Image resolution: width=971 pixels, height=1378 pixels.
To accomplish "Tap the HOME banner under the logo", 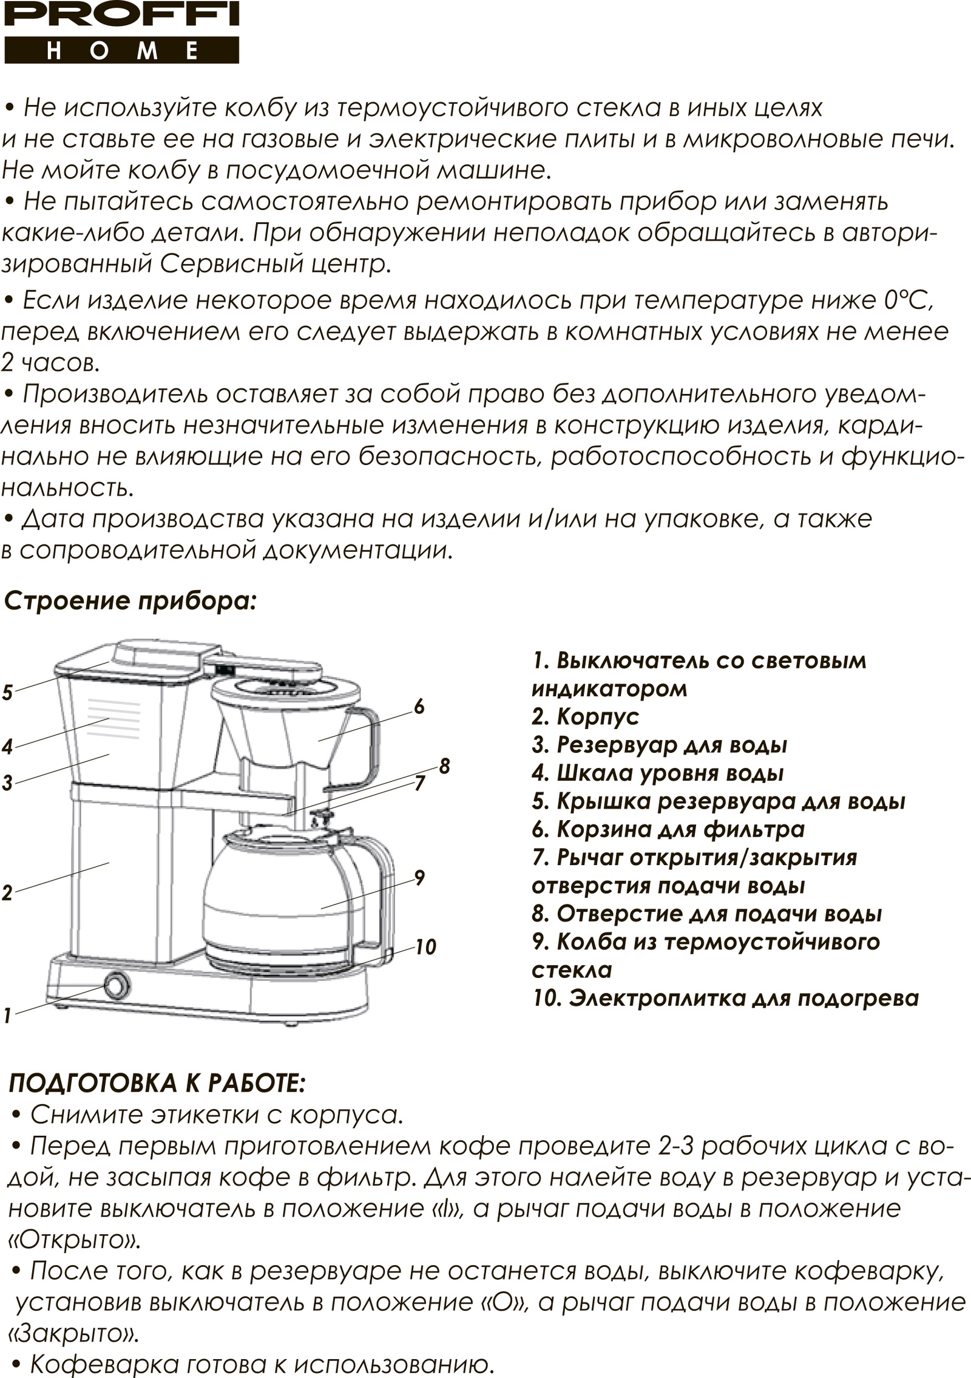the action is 121,50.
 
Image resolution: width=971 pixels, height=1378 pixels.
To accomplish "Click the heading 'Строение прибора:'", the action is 131,602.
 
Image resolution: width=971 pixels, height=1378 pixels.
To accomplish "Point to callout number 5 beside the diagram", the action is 7,692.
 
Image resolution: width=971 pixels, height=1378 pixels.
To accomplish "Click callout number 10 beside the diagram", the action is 426,946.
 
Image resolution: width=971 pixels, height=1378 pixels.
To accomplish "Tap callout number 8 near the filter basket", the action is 444,766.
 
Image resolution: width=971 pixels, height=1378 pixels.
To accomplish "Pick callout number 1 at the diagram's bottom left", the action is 7,1015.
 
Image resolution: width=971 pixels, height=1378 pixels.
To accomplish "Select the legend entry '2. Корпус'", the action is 586,717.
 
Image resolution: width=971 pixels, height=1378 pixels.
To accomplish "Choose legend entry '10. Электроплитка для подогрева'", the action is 726,998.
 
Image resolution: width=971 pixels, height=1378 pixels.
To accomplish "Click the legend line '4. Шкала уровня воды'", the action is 658,773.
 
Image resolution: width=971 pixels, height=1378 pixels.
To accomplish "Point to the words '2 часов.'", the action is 49,364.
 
